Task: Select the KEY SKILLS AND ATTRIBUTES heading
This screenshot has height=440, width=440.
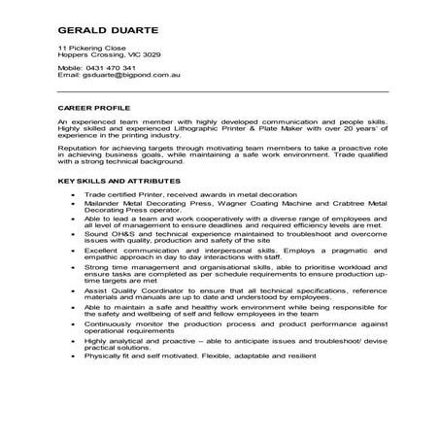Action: click(x=119, y=182)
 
